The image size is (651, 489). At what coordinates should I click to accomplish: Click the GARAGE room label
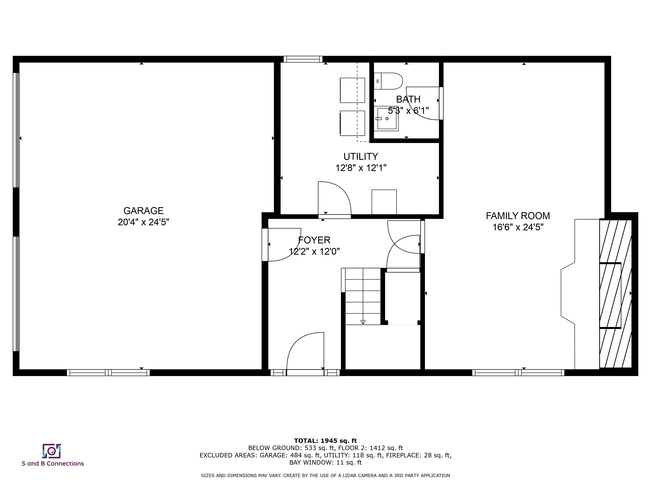click(x=143, y=211)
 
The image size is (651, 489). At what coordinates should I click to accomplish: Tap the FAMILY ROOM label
click(x=518, y=216)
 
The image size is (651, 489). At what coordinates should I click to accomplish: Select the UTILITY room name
click(x=361, y=156)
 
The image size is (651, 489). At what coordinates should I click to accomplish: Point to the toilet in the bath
click(x=388, y=81)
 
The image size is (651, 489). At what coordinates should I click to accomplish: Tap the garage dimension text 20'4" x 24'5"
click(x=143, y=222)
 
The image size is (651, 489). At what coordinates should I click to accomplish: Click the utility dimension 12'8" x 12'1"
click(x=361, y=168)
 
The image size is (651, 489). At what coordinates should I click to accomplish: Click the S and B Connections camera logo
click(x=52, y=451)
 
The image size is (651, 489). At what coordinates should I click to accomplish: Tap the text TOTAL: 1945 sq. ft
click(x=325, y=441)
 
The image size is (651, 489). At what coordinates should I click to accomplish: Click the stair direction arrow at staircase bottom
click(x=363, y=322)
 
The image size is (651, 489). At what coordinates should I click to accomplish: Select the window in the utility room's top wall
click(x=303, y=59)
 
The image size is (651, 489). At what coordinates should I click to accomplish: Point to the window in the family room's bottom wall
click(x=518, y=372)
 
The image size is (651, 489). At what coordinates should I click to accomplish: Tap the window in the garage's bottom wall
click(x=108, y=372)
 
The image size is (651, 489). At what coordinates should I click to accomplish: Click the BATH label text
click(x=408, y=99)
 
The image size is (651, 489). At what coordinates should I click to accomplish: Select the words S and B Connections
click(x=53, y=464)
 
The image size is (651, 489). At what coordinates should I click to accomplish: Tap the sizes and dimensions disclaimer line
click(x=325, y=475)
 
